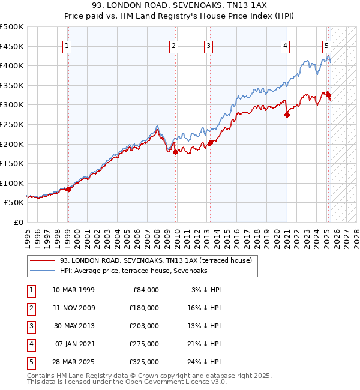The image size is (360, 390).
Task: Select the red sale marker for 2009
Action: click(x=176, y=152)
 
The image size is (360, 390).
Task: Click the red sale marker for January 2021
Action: click(x=287, y=115)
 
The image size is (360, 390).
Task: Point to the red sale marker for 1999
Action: click(x=68, y=189)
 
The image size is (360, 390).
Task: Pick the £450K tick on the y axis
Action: click(x=12, y=46)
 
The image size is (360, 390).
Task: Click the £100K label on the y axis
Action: click(x=12, y=183)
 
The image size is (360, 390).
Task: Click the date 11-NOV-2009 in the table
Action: click(x=74, y=308)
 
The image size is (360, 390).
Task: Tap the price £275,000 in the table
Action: click(x=145, y=344)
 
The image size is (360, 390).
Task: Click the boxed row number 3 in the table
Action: click(x=30, y=326)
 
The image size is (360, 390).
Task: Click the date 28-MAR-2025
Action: click(x=74, y=362)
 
